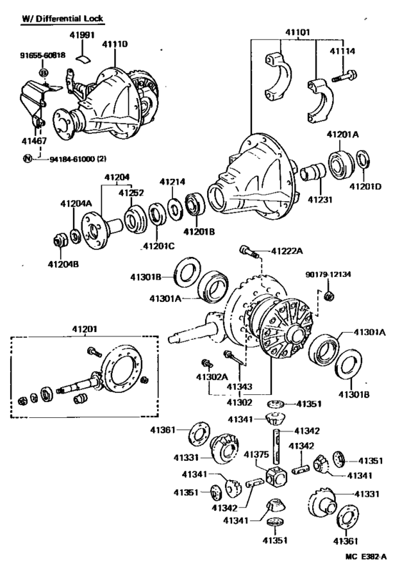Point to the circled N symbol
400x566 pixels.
point(26,158)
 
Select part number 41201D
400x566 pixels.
point(366,186)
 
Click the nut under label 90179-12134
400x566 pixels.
point(329,296)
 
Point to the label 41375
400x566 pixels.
point(256,454)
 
